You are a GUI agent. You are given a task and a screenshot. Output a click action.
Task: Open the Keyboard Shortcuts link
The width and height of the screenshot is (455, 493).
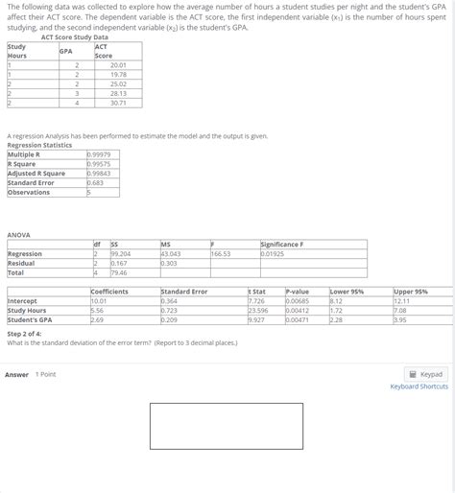coord(419,387)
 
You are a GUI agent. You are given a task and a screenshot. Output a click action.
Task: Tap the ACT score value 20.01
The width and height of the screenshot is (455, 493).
coord(118,64)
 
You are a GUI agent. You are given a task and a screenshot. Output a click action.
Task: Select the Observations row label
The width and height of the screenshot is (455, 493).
coord(29,192)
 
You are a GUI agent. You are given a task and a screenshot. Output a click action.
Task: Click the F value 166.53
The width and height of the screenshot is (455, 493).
coord(221,253)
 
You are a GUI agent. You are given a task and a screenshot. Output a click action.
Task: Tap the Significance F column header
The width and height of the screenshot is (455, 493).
coord(285,245)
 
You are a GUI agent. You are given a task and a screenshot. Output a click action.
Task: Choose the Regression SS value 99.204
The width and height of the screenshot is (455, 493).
coord(121,253)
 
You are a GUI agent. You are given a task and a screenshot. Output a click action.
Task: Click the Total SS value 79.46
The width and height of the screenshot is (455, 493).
coord(119,271)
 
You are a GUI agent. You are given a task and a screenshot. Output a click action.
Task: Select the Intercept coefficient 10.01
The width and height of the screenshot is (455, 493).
coord(98,301)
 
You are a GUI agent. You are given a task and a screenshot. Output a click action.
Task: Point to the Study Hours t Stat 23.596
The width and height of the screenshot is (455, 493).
coord(258,311)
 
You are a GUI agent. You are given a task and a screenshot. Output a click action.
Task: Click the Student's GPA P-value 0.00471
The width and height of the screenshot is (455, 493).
coord(298,319)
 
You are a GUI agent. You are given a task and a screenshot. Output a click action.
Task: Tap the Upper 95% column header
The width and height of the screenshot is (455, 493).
coord(411,291)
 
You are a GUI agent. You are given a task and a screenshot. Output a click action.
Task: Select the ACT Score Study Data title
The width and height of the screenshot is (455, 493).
coord(75,36)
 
